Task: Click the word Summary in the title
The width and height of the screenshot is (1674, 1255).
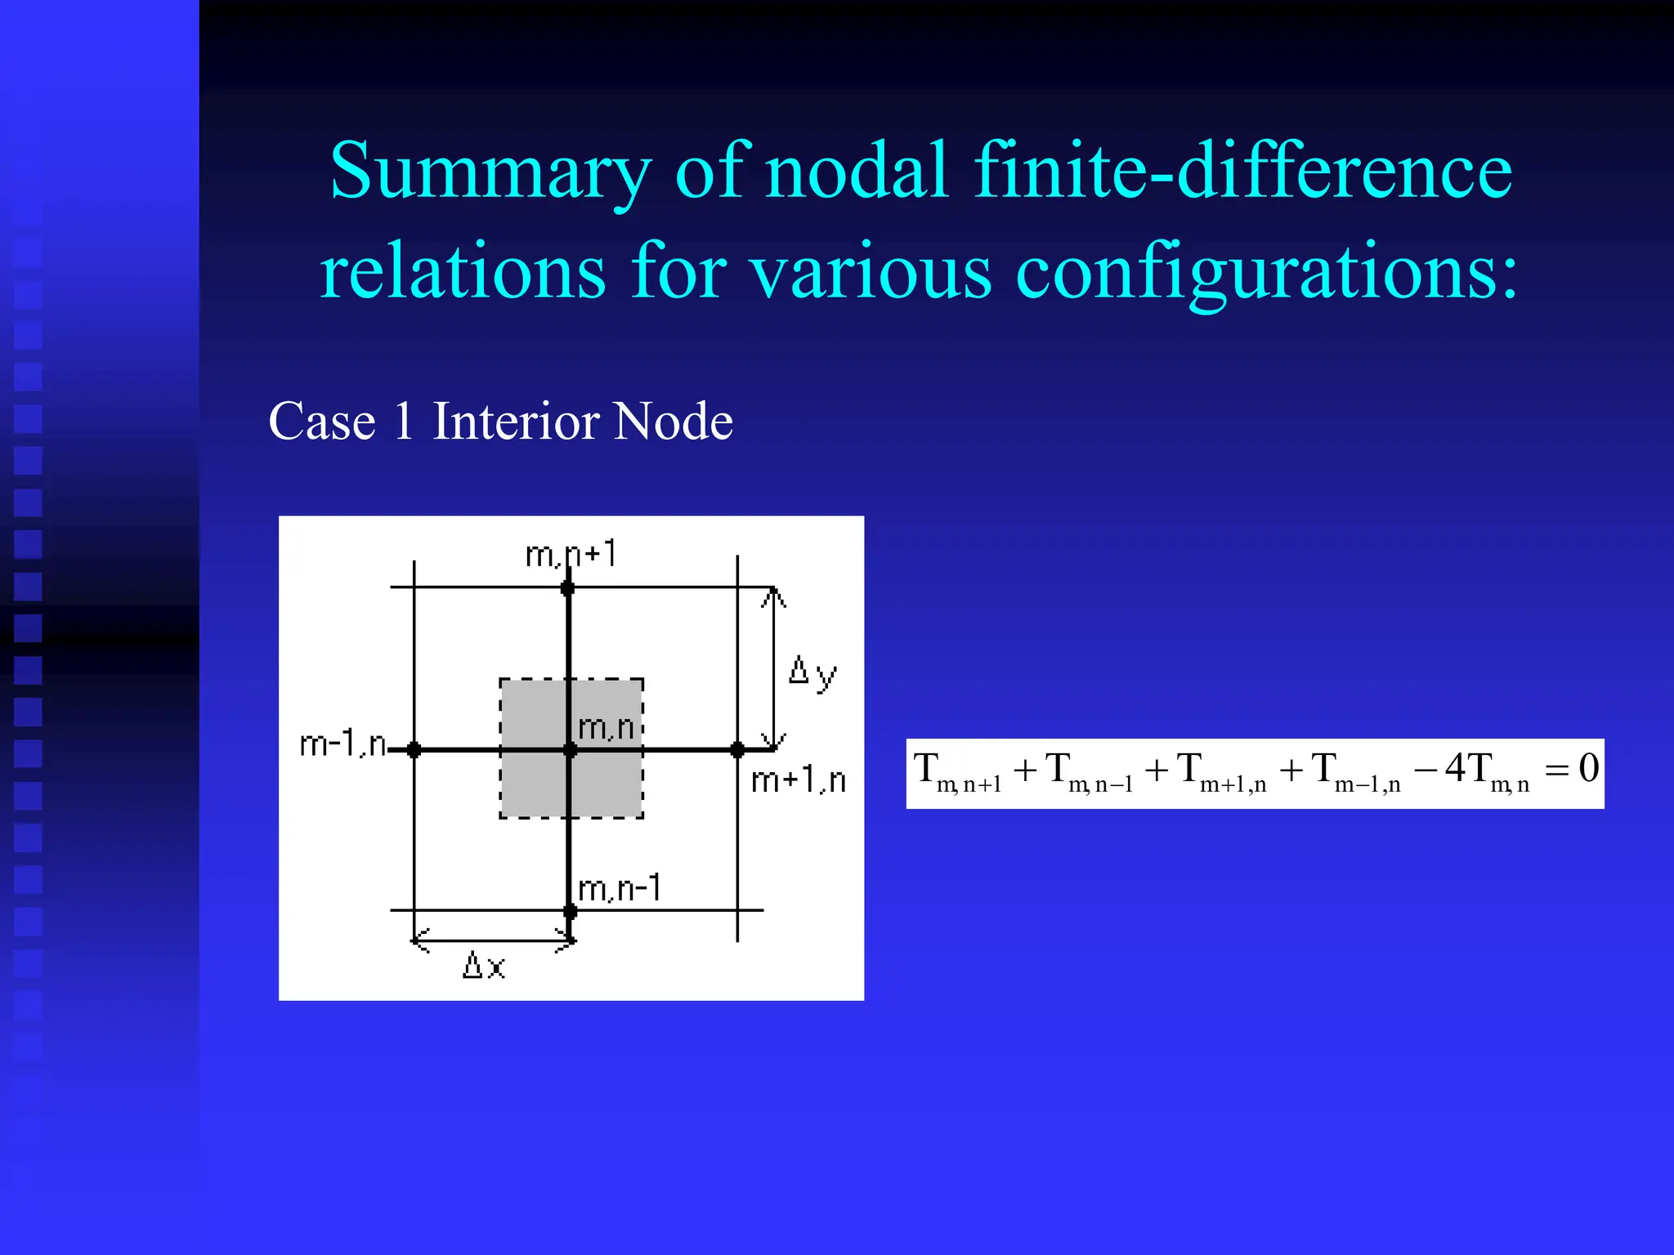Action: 490,172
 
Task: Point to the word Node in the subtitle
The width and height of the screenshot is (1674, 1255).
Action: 673,422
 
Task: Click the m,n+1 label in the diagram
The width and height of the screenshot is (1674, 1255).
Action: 571,555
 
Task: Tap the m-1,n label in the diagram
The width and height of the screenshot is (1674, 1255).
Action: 342,744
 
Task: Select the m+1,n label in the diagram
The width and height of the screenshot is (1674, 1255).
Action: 798,781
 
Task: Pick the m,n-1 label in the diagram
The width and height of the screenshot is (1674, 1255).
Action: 619,888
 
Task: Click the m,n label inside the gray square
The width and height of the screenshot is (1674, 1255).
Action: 606,727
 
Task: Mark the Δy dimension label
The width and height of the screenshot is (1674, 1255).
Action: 812,673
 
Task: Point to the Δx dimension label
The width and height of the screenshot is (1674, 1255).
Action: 484,966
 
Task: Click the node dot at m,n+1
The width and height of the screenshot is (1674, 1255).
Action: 567,587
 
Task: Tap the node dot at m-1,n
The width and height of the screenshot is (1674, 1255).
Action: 414,749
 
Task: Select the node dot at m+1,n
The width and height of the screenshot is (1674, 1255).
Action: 737,749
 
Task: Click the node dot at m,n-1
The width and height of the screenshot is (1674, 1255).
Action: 570,910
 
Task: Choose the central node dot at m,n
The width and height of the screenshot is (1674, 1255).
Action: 570,749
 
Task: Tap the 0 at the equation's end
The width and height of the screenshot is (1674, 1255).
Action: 1588,768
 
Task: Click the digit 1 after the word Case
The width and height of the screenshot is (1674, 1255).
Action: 403,422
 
